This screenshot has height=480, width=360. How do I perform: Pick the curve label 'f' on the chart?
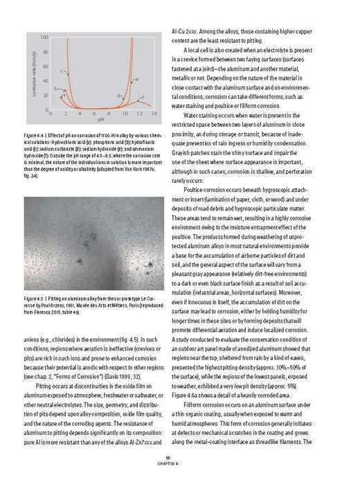click(143, 98)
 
